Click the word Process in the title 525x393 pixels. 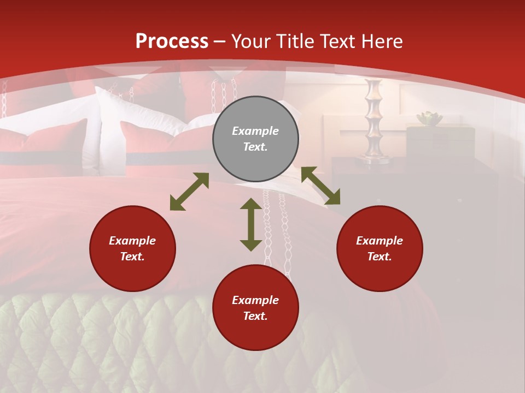172,41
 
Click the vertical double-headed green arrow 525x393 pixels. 251,224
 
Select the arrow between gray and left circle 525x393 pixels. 189,192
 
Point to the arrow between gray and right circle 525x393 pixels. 320,186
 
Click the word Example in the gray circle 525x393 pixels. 255,131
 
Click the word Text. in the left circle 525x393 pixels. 132,257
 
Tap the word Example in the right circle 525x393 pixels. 380,241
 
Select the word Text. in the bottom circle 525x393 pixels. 255,316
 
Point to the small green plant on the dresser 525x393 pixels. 429,118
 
